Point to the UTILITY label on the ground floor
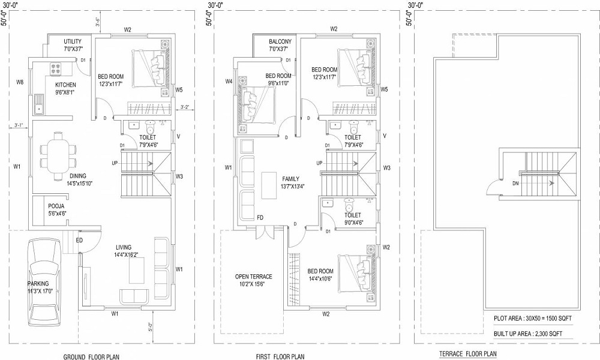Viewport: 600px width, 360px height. [73, 41]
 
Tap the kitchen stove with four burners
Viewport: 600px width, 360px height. [58, 69]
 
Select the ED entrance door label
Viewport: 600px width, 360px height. [79, 241]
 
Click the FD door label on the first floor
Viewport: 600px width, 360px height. [260, 217]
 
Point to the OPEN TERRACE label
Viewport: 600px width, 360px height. [253, 277]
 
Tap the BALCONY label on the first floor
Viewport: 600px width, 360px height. [280, 41]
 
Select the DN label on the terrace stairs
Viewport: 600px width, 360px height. [515, 184]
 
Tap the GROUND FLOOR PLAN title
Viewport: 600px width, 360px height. [91, 356]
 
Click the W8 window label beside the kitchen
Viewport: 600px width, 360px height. [20, 82]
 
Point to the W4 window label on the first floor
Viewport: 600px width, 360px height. [229, 82]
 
